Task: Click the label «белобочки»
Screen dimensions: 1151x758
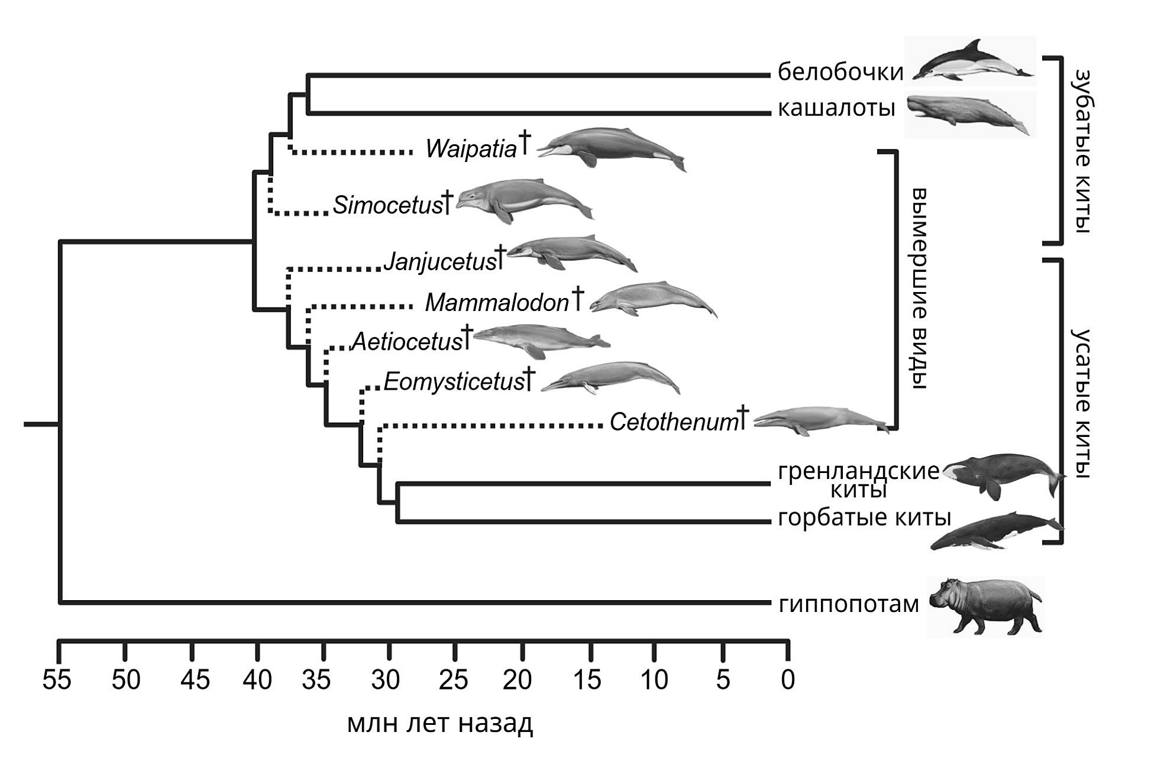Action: tap(840, 72)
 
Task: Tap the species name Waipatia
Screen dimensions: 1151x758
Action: tap(471, 149)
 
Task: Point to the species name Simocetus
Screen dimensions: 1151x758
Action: tap(387, 205)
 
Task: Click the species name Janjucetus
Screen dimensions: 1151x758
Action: tap(439, 261)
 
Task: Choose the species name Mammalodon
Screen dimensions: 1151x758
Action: tap(497, 303)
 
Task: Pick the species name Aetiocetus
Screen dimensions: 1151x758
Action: tap(407, 342)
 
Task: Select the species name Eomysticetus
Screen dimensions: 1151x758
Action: tap(454, 382)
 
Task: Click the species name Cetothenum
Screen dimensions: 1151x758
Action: tap(674, 422)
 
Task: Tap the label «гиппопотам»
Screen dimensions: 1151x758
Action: tap(849, 604)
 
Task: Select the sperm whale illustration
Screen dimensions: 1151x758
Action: tap(970, 114)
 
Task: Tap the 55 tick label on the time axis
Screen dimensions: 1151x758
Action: tap(57, 680)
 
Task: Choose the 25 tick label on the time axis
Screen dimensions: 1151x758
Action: tap(454, 680)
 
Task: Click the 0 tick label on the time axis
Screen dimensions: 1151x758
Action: tap(788, 680)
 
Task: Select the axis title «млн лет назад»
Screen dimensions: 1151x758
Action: tap(440, 723)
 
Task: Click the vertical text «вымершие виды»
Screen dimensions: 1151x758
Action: tap(917, 289)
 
